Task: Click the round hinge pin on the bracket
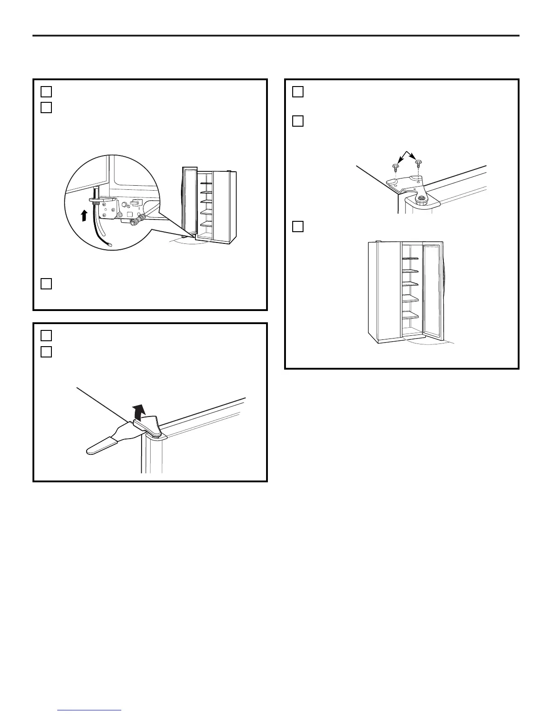pos(421,198)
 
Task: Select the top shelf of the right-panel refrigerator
pos(410,259)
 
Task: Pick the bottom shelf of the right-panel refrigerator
pos(410,317)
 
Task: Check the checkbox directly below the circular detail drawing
pos(46,284)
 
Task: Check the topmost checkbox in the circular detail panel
pos(46,92)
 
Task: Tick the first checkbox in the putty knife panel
pos(46,335)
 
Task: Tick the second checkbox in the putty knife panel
pos(46,352)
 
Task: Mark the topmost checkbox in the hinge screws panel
pos(298,92)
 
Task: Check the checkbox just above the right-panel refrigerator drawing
pos(298,226)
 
